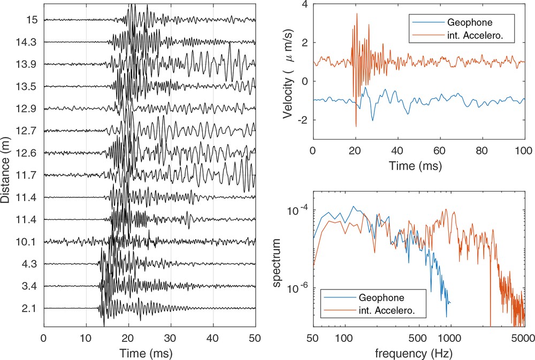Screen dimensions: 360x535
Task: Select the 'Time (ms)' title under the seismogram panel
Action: coord(149,353)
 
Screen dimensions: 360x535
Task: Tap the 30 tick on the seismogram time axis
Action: coord(170,338)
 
